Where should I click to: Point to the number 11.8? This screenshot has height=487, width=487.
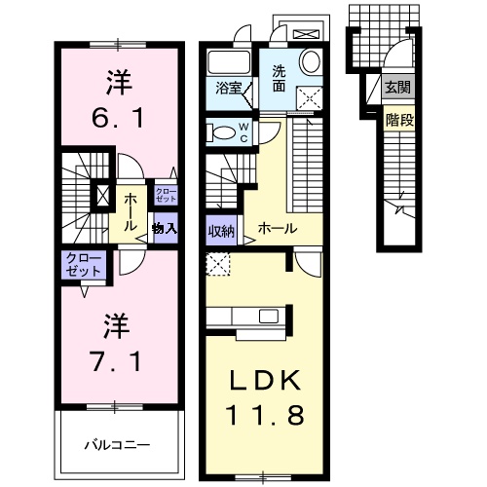click(261, 414)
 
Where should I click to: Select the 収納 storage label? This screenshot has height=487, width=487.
click(220, 231)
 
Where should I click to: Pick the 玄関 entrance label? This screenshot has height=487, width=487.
click(396, 88)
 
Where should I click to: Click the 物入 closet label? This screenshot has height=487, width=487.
click(164, 229)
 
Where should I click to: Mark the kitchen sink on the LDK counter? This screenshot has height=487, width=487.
click(265, 316)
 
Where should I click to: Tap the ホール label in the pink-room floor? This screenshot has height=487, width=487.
click(130, 206)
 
